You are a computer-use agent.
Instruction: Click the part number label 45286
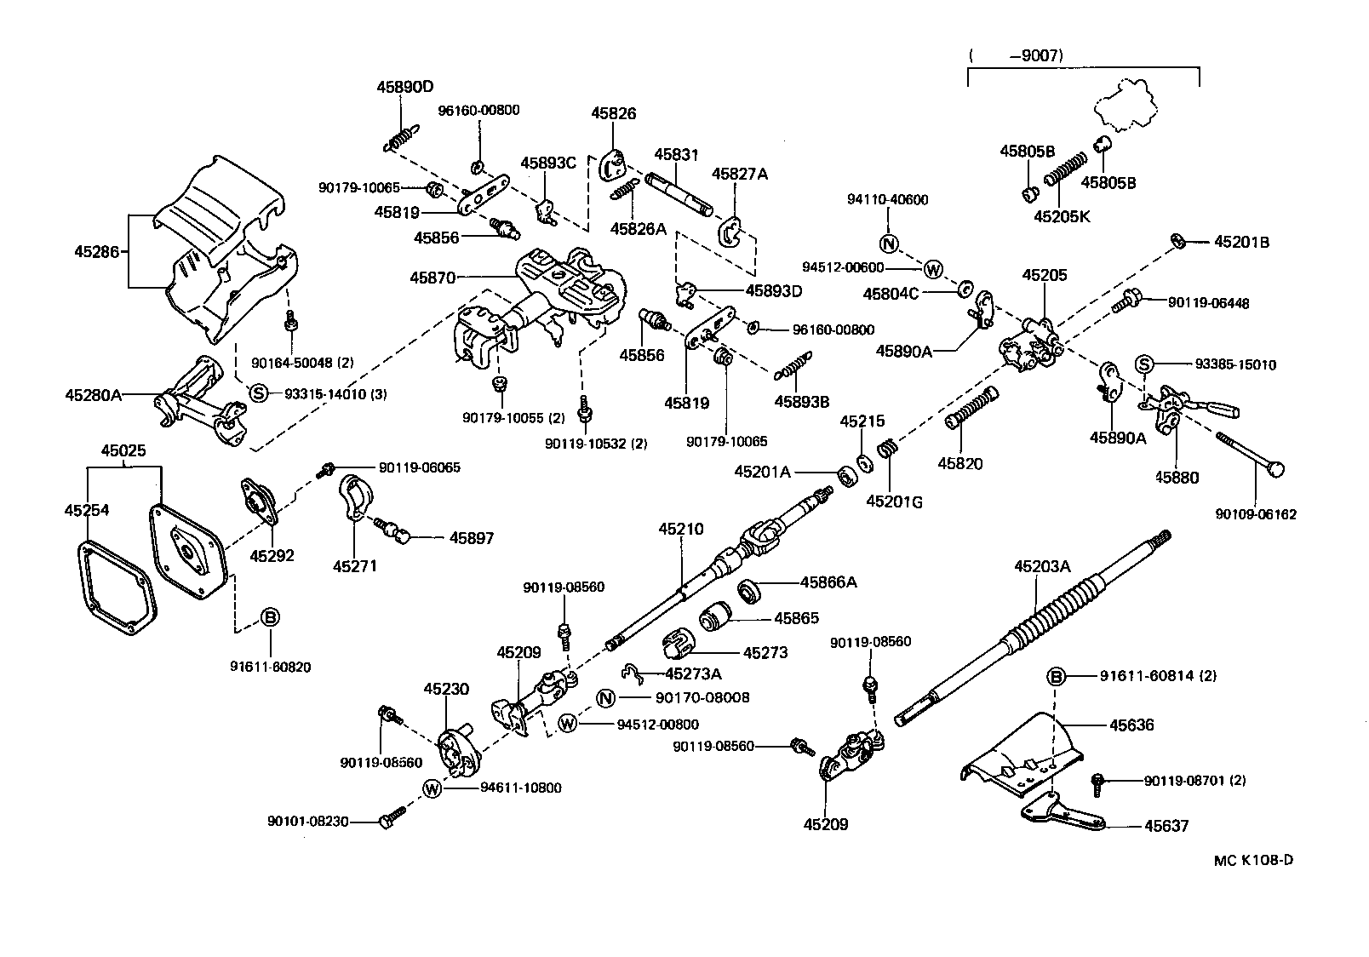(94, 251)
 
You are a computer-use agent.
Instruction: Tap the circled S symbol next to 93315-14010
(259, 393)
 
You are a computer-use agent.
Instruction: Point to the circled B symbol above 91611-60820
(269, 616)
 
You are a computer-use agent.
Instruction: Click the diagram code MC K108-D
(1252, 860)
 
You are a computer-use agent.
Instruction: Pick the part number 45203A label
(1041, 566)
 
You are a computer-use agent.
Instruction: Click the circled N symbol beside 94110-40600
(889, 244)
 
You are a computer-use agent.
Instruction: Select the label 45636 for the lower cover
(1131, 725)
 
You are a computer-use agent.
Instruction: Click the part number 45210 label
(680, 529)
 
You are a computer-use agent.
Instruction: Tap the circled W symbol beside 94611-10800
(432, 788)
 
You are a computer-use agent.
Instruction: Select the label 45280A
(94, 394)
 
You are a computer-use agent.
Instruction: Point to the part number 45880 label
(1177, 478)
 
